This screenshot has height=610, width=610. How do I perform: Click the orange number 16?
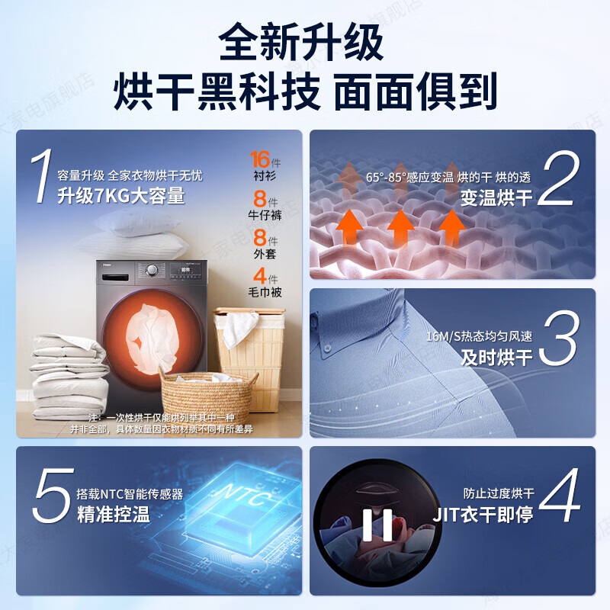pos(260,159)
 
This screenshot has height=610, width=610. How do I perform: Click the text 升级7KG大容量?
pos(121,196)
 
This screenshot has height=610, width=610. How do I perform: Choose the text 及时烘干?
pos(496,357)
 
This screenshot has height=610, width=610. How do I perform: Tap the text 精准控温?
pos(113,514)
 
